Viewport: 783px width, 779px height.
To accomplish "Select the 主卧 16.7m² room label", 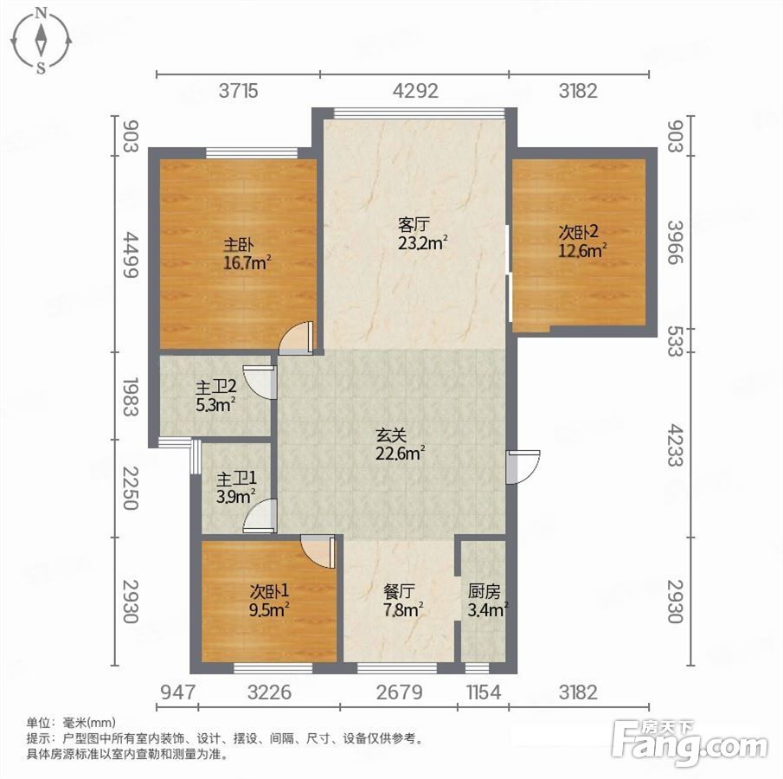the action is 247,254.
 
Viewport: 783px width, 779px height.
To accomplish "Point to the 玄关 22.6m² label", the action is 400,445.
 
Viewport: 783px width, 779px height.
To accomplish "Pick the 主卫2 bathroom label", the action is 215,396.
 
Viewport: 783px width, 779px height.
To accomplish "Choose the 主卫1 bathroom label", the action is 236,487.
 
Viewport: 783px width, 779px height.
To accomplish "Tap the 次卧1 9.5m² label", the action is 269,601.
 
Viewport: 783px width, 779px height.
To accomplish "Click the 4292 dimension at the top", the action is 415,91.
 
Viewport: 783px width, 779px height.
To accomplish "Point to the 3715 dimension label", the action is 239,91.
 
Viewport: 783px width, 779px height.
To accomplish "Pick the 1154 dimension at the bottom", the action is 484,692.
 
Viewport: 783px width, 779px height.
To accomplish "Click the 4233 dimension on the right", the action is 675,445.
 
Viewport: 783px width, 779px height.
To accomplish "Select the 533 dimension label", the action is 675,341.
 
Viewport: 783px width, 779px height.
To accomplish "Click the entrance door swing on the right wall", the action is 523,467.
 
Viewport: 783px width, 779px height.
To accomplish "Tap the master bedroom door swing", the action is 296,338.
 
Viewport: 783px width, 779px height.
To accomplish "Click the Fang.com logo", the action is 690,743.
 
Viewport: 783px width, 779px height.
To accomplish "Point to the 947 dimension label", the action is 177,692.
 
